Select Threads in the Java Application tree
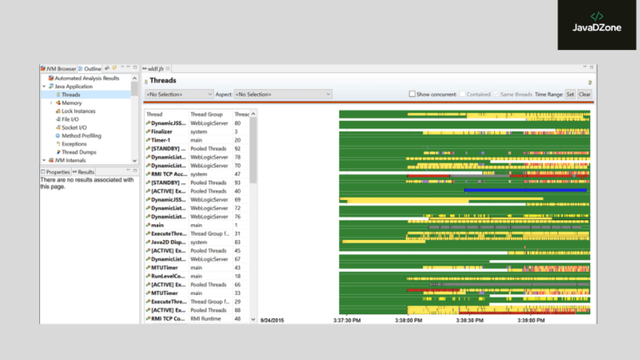(71, 94)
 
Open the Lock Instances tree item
(78, 111)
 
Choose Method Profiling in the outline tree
(81, 135)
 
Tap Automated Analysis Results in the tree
(87, 78)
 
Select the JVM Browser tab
(60, 68)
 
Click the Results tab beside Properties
(86, 172)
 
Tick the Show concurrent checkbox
(412, 94)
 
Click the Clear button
(585, 94)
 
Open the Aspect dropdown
(282, 94)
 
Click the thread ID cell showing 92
(237, 148)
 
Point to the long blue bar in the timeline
(525, 190)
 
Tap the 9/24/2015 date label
(272, 318)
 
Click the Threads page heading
(162, 81)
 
